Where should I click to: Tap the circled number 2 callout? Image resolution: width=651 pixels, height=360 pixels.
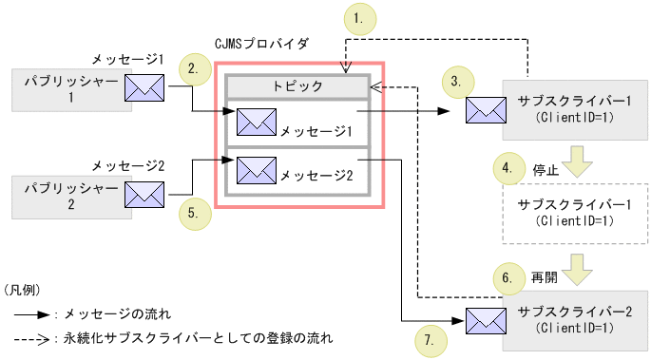194,68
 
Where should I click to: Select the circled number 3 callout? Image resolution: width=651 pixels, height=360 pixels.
457,82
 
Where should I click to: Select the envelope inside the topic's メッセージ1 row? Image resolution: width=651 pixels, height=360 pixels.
256,121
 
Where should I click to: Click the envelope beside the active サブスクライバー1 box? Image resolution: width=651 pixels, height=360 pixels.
485,109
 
